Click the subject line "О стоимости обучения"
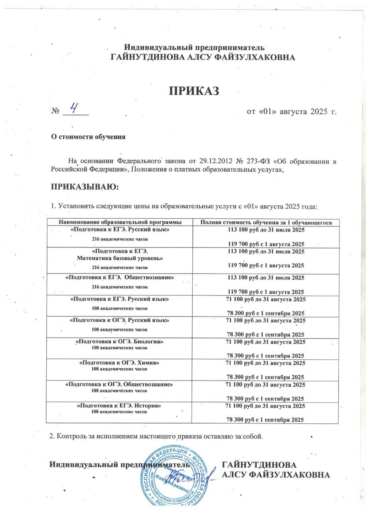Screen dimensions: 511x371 (87, 137)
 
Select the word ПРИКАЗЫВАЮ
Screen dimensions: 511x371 (84, 187)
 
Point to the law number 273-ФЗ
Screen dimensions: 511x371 (245, 161)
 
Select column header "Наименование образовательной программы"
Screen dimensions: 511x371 (119, 222)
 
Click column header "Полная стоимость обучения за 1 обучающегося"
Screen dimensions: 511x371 (266, 222)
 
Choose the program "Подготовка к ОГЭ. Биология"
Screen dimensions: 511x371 (119, 342)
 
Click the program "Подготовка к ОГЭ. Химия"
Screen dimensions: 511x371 (119, 363)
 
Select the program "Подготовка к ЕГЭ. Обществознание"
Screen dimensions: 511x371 (119, 277)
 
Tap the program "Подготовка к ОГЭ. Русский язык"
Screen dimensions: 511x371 (119, 321)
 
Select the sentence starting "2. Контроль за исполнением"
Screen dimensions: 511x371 (156, 435)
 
